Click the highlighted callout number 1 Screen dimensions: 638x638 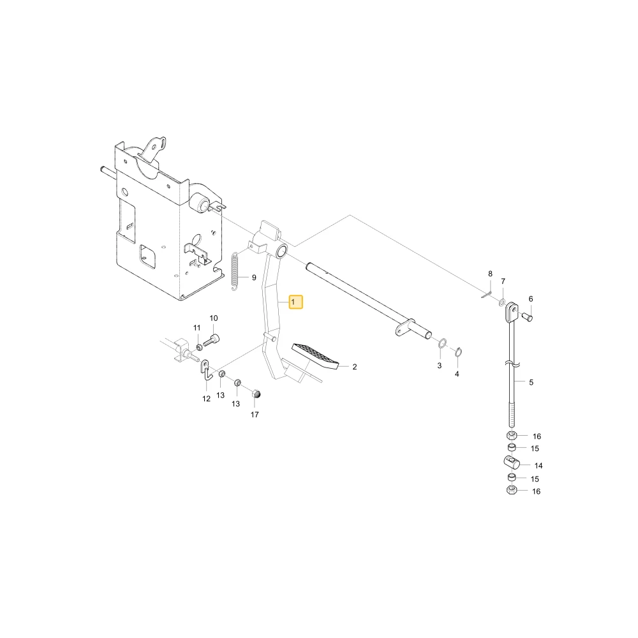[x=296, y=302]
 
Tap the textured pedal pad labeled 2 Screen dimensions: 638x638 [x=315, y=355]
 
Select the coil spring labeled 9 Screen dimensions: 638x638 [x=235, y=272]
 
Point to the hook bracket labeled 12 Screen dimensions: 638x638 [x=206, y=370]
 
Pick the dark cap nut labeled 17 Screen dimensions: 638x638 [x=256, y=394]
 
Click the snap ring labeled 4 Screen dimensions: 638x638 [x=457, y=352]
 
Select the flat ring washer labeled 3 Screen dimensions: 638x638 [x=442, y=343]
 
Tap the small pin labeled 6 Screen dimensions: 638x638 [x=528, y=316]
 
